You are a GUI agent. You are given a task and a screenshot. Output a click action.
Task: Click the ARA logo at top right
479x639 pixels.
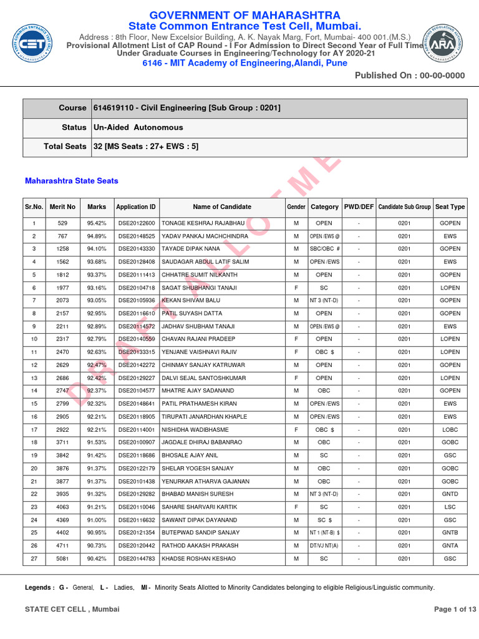(441, 44)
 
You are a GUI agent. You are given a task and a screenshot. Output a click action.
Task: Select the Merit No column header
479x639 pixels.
(63, 207)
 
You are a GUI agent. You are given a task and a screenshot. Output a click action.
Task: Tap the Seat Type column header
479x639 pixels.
(450, 207)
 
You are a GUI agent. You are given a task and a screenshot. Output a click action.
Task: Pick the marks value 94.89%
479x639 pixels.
(97, 237)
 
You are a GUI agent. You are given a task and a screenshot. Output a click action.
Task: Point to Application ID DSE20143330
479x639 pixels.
(135, 249)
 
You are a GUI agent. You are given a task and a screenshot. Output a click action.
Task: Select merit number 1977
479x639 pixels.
(63, 288)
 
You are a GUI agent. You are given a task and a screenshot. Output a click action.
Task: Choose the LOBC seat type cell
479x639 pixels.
(450, 429)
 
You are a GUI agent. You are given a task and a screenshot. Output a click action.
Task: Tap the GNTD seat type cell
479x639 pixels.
(450, 494)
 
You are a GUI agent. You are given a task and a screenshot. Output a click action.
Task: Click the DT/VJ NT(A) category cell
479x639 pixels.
(324, 545)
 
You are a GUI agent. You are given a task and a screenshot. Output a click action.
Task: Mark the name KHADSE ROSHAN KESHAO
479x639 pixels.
(199, 558)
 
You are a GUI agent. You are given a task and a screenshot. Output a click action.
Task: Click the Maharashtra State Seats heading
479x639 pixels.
(72, 181)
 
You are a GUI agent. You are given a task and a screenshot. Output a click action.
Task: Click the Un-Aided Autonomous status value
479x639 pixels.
(138, 127)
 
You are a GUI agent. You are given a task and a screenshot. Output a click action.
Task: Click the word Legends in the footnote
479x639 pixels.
(39, 588)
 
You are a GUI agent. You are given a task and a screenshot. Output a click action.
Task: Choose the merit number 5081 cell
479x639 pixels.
(63, 558)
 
